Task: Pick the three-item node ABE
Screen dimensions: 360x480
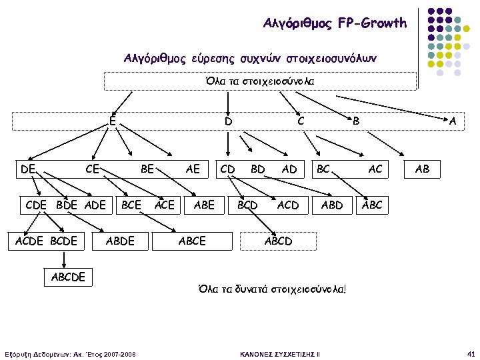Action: (203, 205)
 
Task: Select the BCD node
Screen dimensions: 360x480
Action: (247, 205)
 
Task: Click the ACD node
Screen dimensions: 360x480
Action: (288, 205)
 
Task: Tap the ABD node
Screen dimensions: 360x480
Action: (332, 205)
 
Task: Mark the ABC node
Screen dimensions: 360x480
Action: (372, 205)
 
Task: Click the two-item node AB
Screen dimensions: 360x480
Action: (422, 169)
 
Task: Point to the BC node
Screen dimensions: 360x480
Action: (324, 169)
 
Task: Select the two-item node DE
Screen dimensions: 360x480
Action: (27, 169)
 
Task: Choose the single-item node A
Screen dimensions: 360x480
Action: (453, 121)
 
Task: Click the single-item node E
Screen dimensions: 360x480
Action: (113, 121)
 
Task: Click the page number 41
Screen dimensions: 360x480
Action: (471, 353)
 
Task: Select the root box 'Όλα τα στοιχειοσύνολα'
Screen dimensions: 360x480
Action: (260, 81)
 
